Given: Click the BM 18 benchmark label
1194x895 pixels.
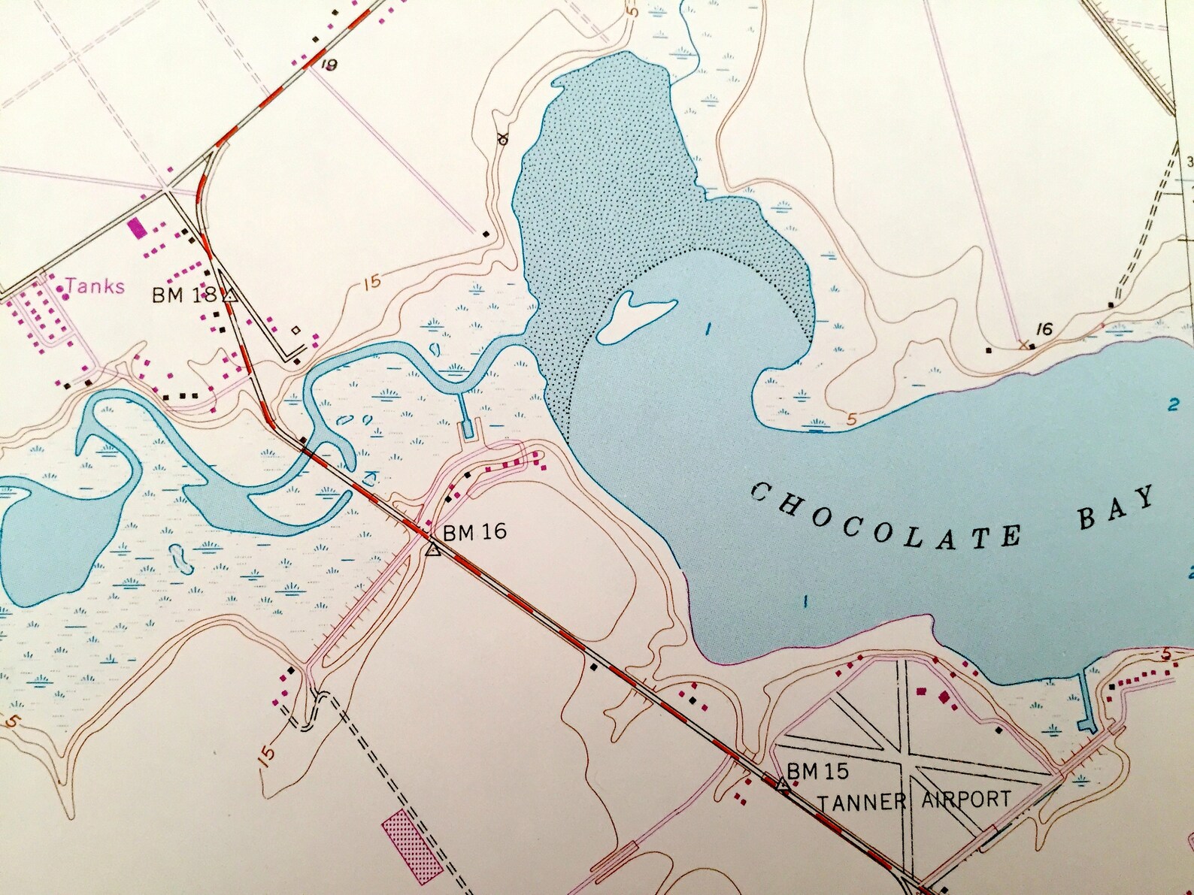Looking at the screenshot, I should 179,295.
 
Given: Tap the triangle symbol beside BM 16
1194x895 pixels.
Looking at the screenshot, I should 432,550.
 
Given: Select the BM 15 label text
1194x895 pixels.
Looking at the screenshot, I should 817,771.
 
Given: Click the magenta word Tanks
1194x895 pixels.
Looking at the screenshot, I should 95,286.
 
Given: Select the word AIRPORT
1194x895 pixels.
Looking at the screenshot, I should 966,799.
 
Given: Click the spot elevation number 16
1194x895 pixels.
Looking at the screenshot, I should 1043,329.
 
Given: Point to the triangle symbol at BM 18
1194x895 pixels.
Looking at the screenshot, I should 230,296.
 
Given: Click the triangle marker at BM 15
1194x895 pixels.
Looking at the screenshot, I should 782,785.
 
